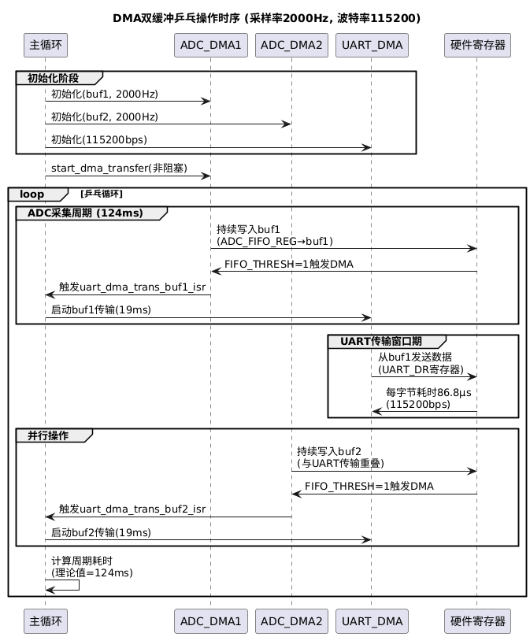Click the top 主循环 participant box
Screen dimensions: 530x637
pyautogui.click(x=46, y=45)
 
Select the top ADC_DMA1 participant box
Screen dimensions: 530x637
pyautogui.click(x=211, y=45)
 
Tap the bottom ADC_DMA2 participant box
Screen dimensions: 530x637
pyautogui.click(x=291, y=621)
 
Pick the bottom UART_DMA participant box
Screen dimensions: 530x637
pyautogui.click(x=372, y=621)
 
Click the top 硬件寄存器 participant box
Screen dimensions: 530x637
pyautogui.click(x=477, y=45)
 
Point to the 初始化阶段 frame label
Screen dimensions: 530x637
pyautogui.click(x=54, y=78)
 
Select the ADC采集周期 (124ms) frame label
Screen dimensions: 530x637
pyautogui.click(x=85, y=213)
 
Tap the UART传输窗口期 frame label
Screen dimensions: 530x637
pyautogui.click(x=381, y=341)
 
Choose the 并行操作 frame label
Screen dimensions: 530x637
pyautogui.click(x=48, y=435)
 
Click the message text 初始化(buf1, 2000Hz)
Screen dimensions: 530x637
pyautogui.click(x=105, y=94)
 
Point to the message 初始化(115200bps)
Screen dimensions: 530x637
pyautogui.click(x=99, y=139)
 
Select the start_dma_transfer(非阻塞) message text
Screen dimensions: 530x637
pyautogui.click(x=119, y=169)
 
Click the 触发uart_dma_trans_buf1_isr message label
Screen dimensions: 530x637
pyautogui.click(x=132, y=287)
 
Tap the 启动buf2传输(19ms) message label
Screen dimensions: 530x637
pyautogui.click(x=102, y=532)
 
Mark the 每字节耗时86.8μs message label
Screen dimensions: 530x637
pyautogui.click(x=428, y=392)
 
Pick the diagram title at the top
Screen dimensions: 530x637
pyautogui.click(x=267, y=18)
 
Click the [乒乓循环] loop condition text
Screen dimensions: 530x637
pyautogui.click(x=102, y=194)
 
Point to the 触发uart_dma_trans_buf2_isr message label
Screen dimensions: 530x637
pyautogui.click(x=132, y=509)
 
